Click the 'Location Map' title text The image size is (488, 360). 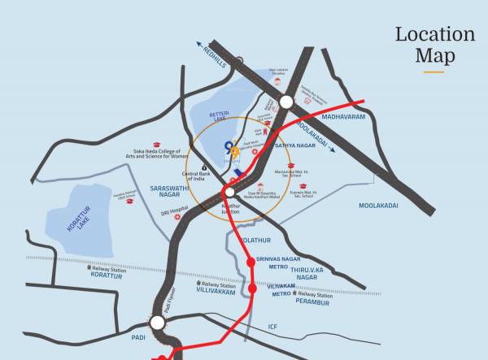[435, 45]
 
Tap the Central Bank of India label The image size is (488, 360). [198, 176]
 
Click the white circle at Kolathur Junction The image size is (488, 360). [230, 192]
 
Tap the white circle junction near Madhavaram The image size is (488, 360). [285, 102]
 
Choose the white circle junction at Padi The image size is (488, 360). [157, 323]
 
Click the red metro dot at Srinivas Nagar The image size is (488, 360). [251, 260]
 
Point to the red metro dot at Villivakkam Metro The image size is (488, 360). [252, 288]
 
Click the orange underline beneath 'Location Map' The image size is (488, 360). [434, 72]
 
